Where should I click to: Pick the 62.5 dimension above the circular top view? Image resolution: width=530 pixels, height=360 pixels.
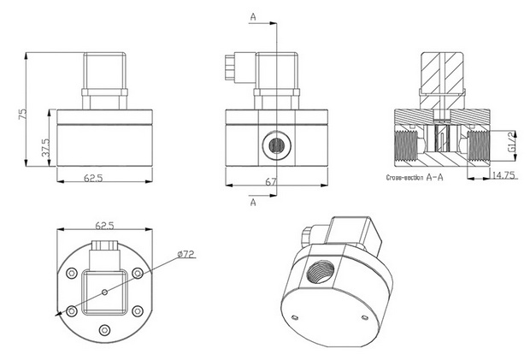pos(103,227)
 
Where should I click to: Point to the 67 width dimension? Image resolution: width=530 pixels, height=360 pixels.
pos(271,182)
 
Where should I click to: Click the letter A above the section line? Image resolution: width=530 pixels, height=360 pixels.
pos(253,16)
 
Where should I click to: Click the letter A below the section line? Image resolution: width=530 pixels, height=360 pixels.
pos(253,203)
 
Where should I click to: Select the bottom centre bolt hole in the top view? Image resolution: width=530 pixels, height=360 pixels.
pos(103,330)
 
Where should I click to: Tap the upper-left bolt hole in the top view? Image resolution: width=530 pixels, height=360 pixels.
pos(70,274)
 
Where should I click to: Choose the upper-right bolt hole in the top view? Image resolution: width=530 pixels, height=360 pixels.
pos(137,274)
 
